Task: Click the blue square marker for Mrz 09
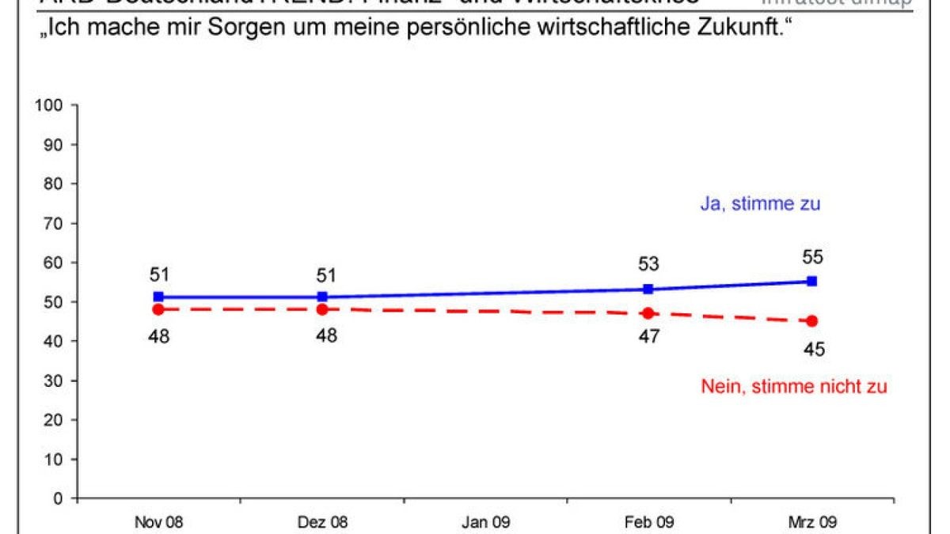click(x=812, y=281)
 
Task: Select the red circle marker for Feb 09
click(x=648, y=313)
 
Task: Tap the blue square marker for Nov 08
click(x=158, y=297)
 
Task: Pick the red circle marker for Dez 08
click(x=322, y=309)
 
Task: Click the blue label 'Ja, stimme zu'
click(x=760, y=204)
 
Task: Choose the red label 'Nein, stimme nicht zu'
click(x=794, y=387)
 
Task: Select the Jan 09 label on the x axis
click(x=485, y=523)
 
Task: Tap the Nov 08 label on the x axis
click(x=158, y=523)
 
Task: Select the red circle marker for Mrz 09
click(x=812, y=321)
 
